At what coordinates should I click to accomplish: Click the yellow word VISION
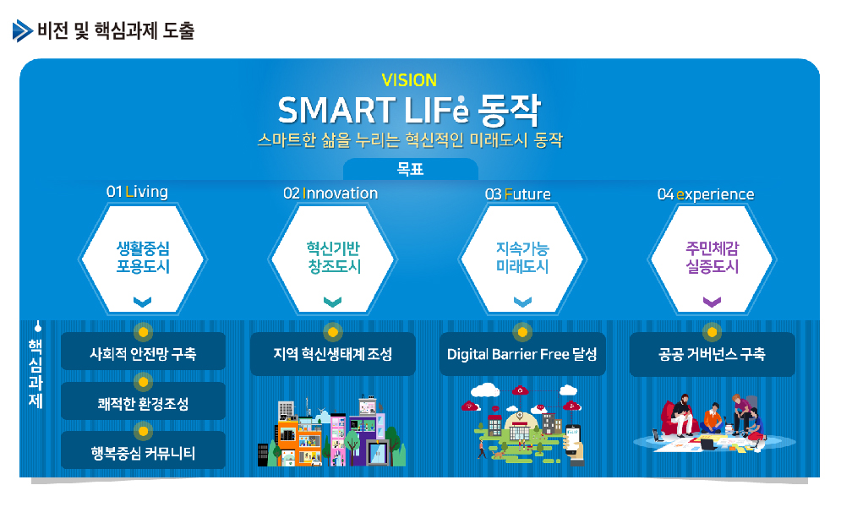pos(409,80)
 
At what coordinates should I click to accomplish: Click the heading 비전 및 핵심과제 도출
pos(116,30)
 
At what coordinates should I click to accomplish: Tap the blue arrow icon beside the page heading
pos(23,30)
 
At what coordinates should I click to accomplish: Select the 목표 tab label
pos(410,169)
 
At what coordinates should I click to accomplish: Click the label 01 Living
pos(137,191)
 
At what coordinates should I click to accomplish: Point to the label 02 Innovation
pos(330,193)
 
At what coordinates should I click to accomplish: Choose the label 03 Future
pos(517,194)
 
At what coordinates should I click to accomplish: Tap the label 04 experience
pos(706,194)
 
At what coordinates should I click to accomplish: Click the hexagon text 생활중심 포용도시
pos(143,257)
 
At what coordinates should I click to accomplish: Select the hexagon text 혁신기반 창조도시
pos(333,257)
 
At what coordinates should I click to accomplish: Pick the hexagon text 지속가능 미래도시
pos(522,257)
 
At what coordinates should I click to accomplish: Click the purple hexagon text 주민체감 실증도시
pos(713,257)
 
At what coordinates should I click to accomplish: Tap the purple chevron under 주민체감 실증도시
pos(712,302)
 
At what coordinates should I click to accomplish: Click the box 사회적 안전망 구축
pos(143,352)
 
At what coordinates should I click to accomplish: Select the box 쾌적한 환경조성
pos(143,401)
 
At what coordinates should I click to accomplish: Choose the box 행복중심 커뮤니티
pos(143,450)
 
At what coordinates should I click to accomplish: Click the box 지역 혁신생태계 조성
pos(332,354)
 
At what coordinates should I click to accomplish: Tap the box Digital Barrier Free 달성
pos(522,354)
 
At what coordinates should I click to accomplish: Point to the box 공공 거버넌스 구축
pos(712,354)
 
